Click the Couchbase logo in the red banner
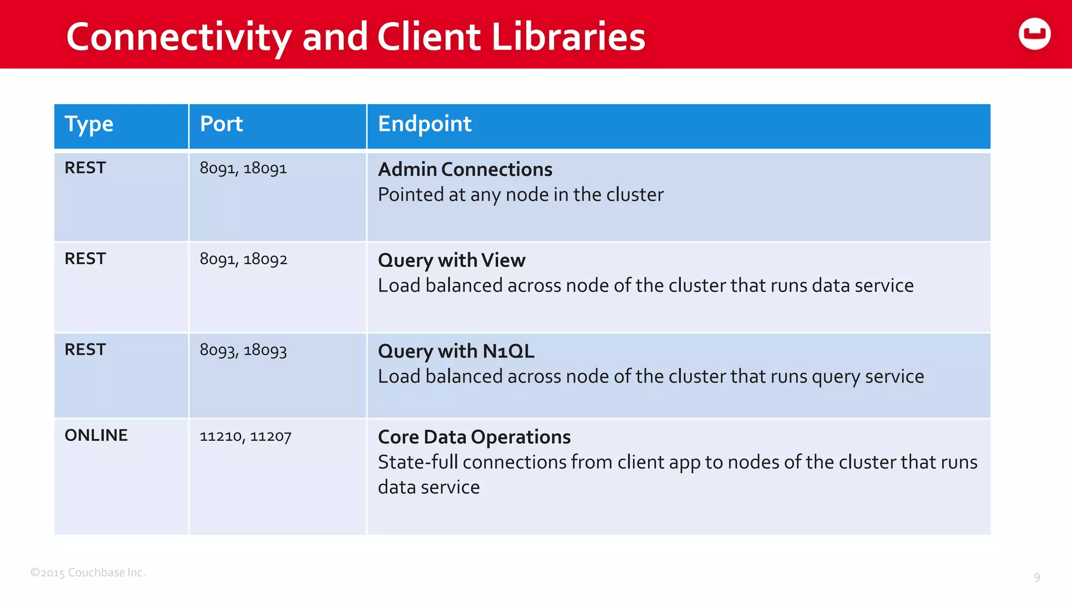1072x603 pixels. (1034, 34)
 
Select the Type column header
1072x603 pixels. (89, 125)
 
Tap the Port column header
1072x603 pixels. (221, 124)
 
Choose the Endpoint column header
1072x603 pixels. (425, 124)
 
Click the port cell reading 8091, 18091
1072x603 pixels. (243, 169)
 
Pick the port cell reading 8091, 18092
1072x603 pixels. (243, 259)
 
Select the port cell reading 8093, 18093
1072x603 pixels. (243, 350)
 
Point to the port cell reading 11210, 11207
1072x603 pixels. (245, 436)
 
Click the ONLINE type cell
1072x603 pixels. (96, 435)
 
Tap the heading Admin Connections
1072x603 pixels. (465, 170)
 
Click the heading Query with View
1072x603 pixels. (451, 260)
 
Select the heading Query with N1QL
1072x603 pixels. (456, 351)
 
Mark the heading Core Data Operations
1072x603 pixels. (474, 437)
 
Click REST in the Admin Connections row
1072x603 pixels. (85, 168)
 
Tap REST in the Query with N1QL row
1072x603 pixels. (85, 350)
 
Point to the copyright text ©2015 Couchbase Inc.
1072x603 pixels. (88, 573)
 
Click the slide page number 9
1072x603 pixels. (1036, 578)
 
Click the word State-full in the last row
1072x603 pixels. (418, 462)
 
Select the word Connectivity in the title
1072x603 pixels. (178, 38)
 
